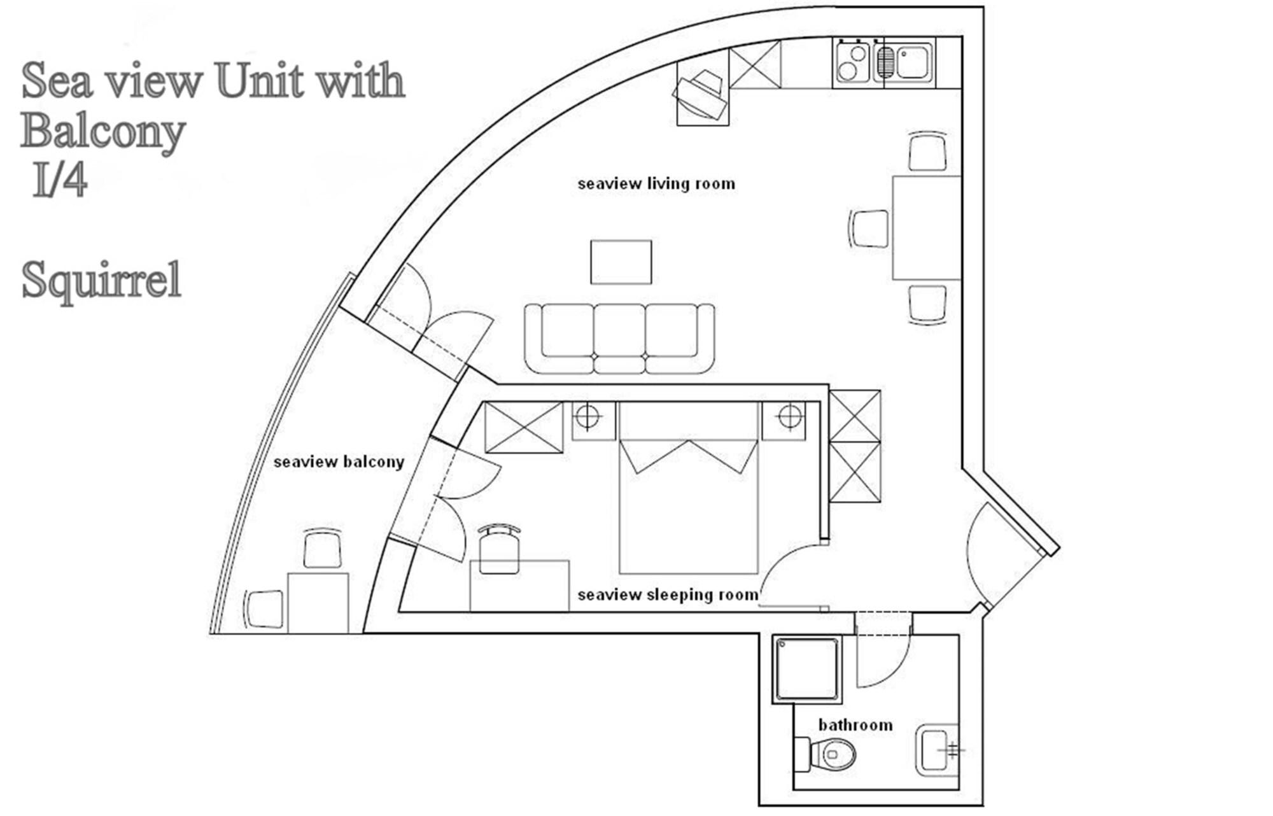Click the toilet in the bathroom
pyautogui.click(x=827, y=754)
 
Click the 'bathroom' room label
pyautogui.click(x=855, y=725)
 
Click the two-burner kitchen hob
pyautogui.click(x=852, y=62)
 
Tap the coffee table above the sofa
pyautogui.click(x=621, y=262)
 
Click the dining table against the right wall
pyautogui.click(x=926, y=228)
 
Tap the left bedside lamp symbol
pyautogui.click(x=587, y=418)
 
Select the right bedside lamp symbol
pyautogui.click(x=790, y=418)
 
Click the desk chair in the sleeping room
pyautogui.click(x=499, y=551)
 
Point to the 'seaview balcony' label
pyautogui.click(x=339, y=462)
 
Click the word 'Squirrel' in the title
pyautogui.click(x=102, y=280)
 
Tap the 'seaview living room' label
pyautogui.click(x=656, y=184)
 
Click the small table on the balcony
pyautogui.click(x=317, y=602)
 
